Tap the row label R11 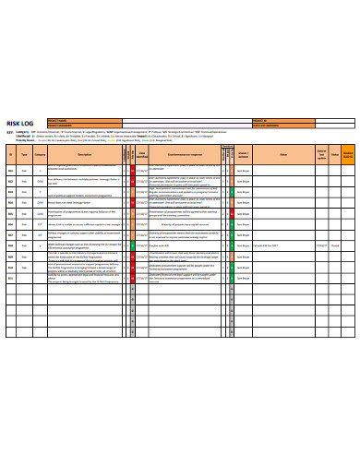[11, 275]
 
